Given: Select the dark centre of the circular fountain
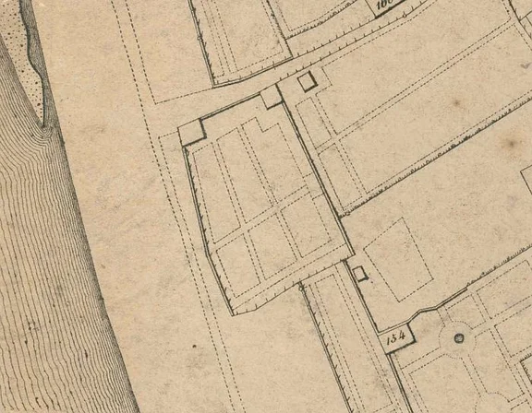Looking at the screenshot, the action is click(457, 338).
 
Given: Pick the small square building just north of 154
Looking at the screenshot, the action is click(359, 273).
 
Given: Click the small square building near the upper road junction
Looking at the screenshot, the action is click(308, 82).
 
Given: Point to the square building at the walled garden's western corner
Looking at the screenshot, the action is click(192, 132).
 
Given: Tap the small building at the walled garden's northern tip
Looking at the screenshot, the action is click(271, 97).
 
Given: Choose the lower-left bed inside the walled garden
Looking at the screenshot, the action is click(235, 265).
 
